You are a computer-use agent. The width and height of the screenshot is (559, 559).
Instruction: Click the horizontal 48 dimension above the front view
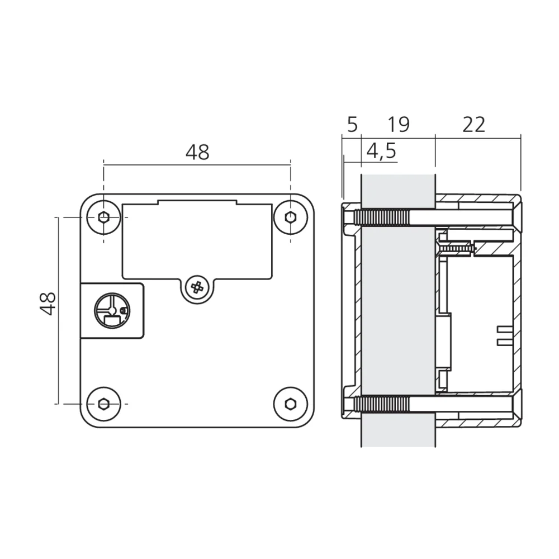[197, 152]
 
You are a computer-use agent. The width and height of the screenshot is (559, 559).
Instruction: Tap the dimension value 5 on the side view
[352, 125]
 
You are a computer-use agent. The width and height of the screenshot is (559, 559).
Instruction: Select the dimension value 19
[399, 125]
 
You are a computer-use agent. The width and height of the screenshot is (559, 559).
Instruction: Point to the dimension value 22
[473, 125]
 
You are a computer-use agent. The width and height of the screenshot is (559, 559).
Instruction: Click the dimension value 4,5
[382, 151]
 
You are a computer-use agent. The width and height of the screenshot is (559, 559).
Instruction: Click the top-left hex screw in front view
[103, 217]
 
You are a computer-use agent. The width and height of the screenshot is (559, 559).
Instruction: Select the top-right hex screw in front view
[290, 217]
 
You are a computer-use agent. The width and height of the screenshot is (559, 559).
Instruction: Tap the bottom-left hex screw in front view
[103, 403]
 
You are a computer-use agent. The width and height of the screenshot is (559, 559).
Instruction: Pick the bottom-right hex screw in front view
[290, 403]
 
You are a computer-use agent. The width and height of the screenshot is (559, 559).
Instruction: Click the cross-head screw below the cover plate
[197, 287]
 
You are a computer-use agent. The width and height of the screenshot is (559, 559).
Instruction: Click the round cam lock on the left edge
[112, 310]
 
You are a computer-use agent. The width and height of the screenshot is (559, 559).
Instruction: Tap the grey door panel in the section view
[397, 313]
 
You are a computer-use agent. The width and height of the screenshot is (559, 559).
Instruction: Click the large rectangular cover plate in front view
[197, 240]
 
